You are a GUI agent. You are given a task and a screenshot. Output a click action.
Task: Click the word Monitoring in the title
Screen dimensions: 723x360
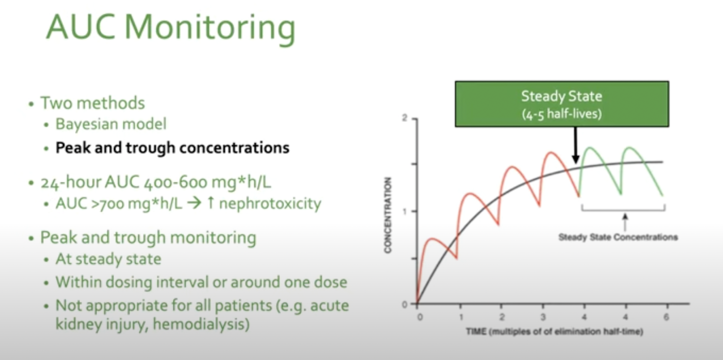(x=210, y=28)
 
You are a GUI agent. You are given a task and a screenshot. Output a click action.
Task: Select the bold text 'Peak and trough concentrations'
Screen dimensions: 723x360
(x=172, y=148)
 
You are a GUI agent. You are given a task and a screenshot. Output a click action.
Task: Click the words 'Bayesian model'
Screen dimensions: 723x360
(x=111, y=124)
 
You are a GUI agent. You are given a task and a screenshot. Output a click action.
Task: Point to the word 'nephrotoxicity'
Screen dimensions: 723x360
(x=270, y=203)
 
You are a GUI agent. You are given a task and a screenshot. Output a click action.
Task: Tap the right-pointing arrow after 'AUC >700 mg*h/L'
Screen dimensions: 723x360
(x=194, y=203)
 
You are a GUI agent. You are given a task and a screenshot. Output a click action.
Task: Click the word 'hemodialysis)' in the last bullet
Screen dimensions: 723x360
(x=201, y=324)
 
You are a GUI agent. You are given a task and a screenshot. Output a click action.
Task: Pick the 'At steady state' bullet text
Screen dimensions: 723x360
(x=109, y=259)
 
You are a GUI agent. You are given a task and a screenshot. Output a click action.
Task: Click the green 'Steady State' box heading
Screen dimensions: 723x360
(x=561, y=96)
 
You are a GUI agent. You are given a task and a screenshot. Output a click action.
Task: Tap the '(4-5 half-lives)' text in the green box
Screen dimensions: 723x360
(x=561, y=114)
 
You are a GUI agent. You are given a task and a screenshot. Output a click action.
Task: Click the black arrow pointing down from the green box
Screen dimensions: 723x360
(x=575, y=145)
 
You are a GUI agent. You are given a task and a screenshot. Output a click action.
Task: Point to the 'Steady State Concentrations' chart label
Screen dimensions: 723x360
(x=618, y=238)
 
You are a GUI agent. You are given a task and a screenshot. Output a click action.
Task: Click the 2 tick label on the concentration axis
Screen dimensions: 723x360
(x=405, y=119)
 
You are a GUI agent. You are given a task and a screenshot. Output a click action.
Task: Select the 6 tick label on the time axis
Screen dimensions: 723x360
(x=666, y=317)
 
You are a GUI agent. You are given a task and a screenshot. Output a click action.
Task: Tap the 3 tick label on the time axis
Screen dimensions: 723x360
(x=543, y=317)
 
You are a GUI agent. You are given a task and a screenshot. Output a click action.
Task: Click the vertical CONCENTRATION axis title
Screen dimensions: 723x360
(x=388, y=215)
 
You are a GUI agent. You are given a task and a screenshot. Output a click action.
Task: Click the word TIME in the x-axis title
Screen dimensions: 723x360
(x=476, y=332)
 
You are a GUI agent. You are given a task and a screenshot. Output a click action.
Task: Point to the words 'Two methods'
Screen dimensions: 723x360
(x=93, y=103)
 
